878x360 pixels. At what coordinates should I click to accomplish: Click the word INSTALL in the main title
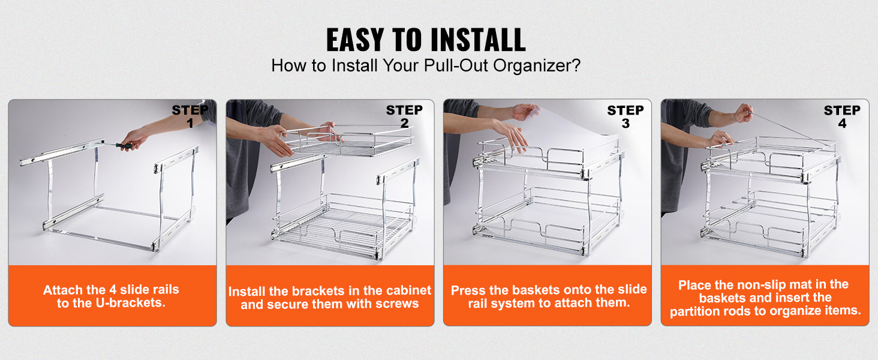click(478, 40)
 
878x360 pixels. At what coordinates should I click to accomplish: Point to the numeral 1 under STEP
click(190, 123)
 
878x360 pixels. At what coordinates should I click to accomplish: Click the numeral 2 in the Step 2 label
click(404, 123)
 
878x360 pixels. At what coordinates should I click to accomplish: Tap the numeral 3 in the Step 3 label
click(626, 124)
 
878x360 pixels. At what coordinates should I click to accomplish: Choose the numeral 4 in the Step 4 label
click(843, 124)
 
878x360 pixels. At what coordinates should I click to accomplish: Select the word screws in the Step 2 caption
click(396, 304)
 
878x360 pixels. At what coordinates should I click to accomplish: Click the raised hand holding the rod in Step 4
click(744, 113)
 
